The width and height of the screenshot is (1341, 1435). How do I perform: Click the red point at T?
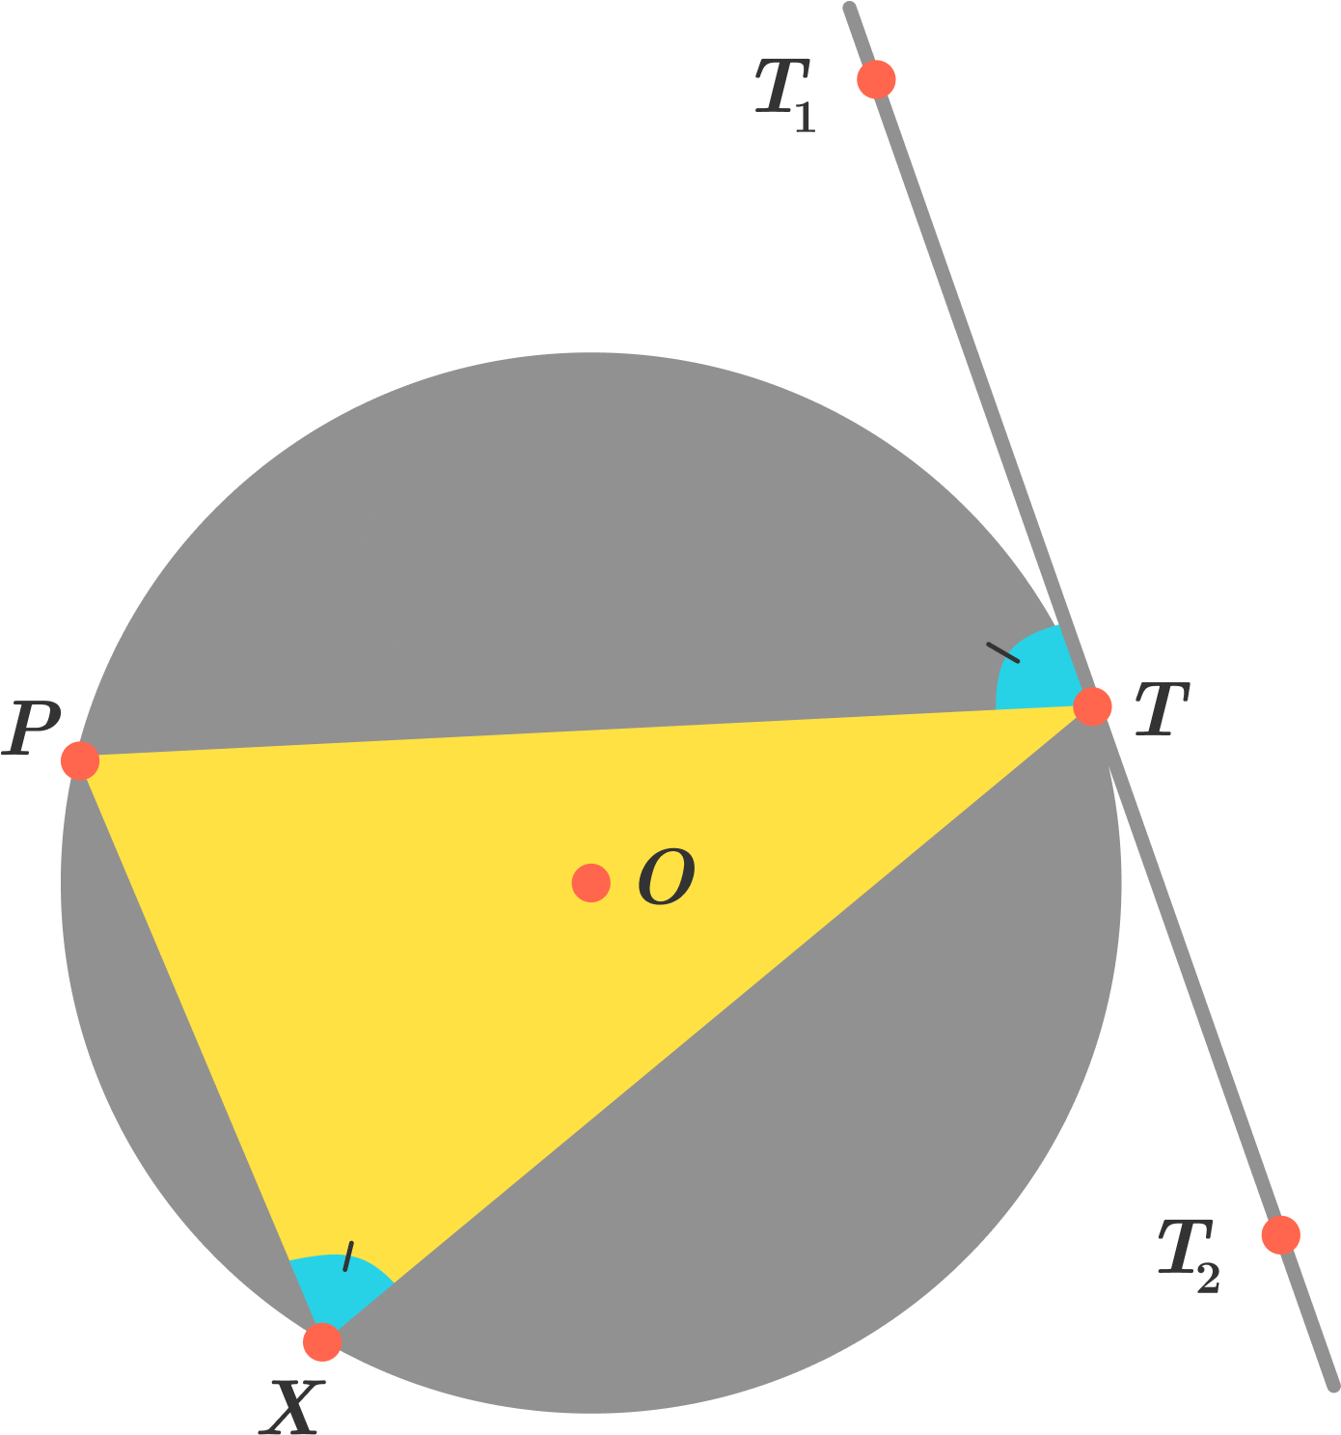point(1092,706)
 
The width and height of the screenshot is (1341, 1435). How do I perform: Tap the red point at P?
point(79,760)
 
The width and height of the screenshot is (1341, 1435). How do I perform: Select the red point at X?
point(321,1341)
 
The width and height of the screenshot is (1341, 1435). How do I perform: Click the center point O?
point(590,882)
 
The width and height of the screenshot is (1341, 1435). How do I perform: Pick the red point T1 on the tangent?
point(876,79)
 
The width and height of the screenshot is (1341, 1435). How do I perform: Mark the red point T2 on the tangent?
point(1280,1235)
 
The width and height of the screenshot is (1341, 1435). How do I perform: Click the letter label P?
point(30,728)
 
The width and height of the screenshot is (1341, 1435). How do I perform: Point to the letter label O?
point(666,875)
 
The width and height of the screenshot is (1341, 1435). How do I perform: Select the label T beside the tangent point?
point(1162,708)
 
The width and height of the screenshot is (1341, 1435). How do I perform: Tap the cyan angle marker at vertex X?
point(336,1290)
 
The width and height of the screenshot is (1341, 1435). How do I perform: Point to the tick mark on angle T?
point(1003,651)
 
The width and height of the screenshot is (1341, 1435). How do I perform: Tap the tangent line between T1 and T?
point(983,393)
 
